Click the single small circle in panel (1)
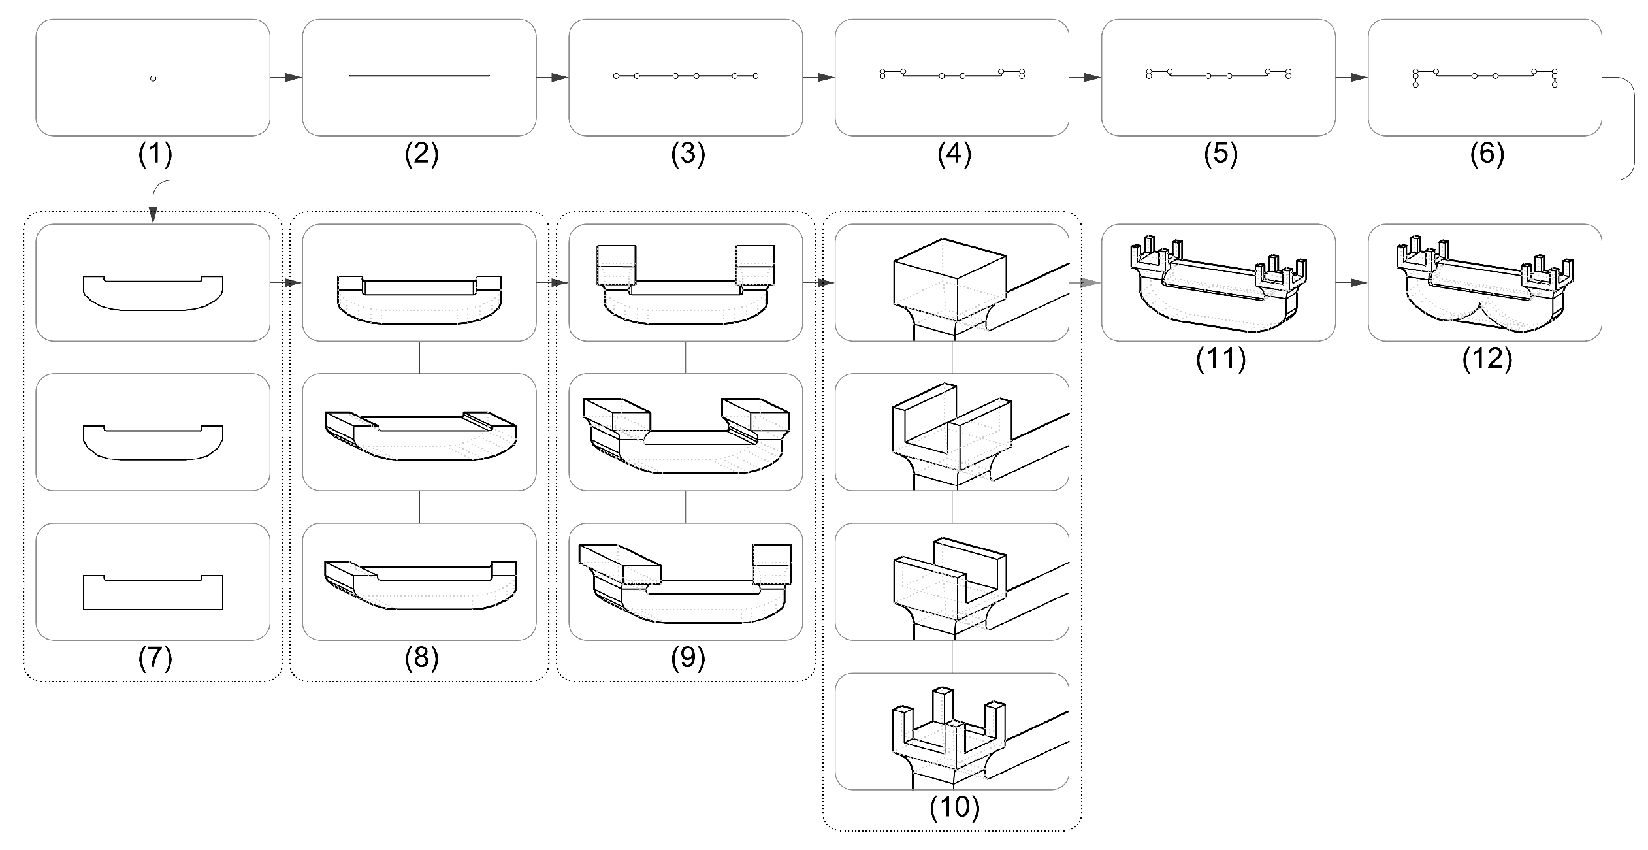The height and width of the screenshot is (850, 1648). [153, 78]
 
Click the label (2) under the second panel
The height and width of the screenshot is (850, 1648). [421, 154]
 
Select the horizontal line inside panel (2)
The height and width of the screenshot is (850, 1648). [419, 76]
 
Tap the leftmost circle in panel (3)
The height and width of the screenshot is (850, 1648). [616, 76]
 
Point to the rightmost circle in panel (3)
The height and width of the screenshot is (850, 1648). [756, 76]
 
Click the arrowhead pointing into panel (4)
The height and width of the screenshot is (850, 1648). [826, 78]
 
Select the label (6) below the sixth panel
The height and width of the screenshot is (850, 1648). [1487, 154]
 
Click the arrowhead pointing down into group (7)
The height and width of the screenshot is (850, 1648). [153, 215]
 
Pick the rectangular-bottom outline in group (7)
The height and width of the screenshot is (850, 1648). [153, 592]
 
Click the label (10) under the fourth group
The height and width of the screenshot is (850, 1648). [954, 808]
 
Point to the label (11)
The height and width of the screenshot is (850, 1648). [1220, 359]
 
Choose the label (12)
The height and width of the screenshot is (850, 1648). [1487, 359]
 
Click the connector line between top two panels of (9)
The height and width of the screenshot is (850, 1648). [685, 357]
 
